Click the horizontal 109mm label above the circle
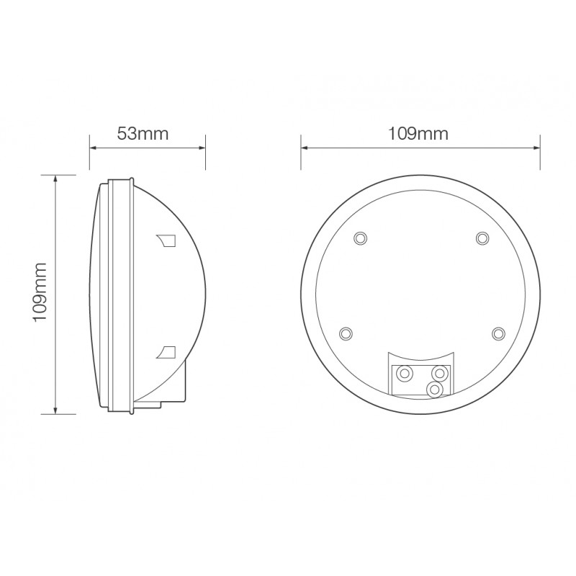coord(418,133)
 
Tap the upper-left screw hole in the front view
coord(361,238)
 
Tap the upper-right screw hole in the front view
coord(481,238)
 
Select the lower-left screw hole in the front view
coord(346,333)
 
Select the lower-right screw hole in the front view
coord(498,333)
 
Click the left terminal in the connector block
coord(405,373)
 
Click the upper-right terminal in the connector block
coord(437,373)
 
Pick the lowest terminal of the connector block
coord(433,389)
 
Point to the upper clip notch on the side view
coord(165,239)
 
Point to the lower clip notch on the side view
coord(166,351)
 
